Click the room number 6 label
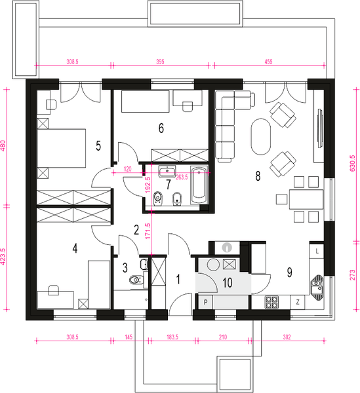click(161, 128)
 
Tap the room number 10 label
click(228, 283)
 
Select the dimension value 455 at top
click(268, 62)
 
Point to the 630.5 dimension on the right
click(352, 163)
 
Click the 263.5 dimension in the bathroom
click(182, 178)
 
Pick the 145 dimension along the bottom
click(129, 337)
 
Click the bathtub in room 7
click(199, 185)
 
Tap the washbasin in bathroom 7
click(167, 171)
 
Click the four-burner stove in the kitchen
click(272, 302)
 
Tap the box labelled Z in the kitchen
click(298, 302)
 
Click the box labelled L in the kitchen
click(317, 251)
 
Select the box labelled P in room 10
click(205, 302)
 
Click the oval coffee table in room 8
click(261, 137)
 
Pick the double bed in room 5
click(62, 148)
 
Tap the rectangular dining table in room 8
click(306, 199)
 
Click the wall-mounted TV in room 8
click(319, 128)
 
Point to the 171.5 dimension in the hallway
click(148, 231)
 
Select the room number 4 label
click(75, 249)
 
